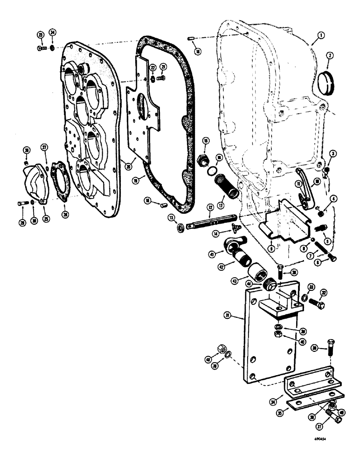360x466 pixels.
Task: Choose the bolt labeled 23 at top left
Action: click(41, 48)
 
